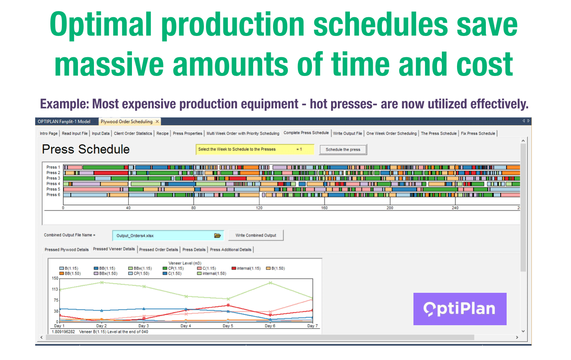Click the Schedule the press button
(343, 150)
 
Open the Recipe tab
(162, 134)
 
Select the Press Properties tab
(188, 134)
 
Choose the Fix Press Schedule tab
(478, 134)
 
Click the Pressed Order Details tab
(158, 250)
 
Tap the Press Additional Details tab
(231, 250)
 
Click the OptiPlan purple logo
(460, 309)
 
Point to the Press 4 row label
(53, 184)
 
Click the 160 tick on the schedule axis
(324, 208)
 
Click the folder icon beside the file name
(218, 236)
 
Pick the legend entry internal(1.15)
(248, 268)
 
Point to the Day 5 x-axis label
(228, 326)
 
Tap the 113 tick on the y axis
(55, 289)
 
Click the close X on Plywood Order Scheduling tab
(157, 122)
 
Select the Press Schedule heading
(86, 150)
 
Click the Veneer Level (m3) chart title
(185, 263)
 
